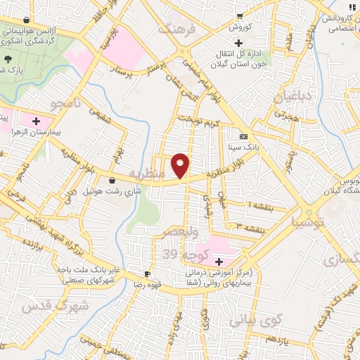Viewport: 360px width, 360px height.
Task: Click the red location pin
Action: [x=181, y=165]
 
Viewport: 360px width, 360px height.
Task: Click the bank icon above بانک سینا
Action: [x=243, y=136]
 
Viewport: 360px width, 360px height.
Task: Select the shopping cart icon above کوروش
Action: [x=240, y=15]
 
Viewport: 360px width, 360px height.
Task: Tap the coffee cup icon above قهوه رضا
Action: [x=147, y=273]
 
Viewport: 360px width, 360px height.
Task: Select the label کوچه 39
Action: [x=181, y=254]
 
